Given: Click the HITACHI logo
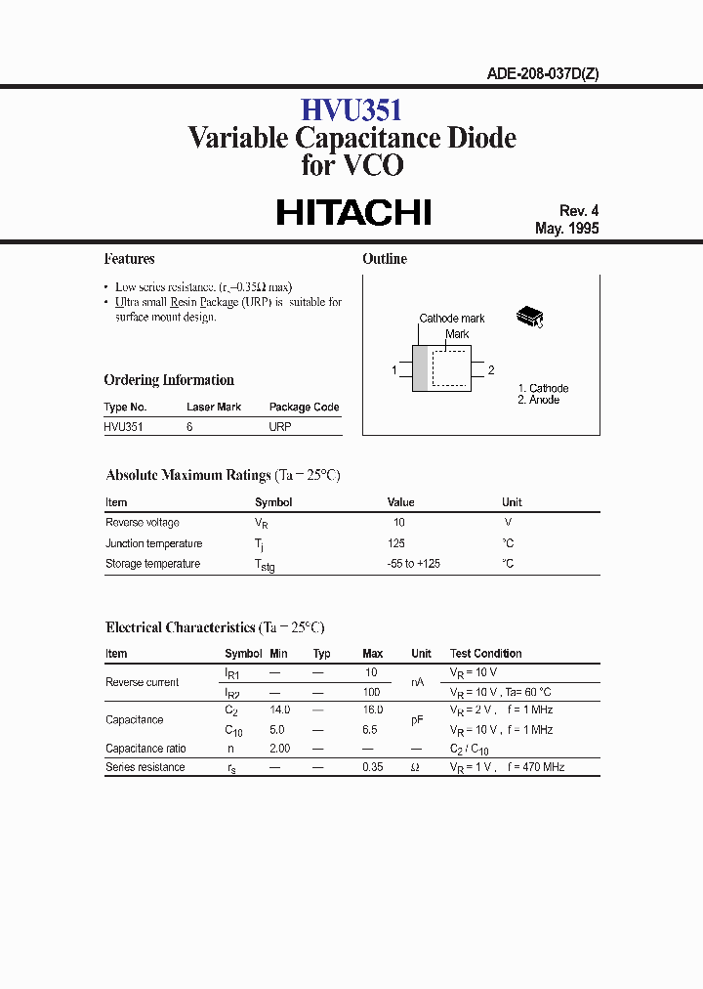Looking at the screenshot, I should click(353, 213).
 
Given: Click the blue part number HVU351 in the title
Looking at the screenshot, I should click(351, 110).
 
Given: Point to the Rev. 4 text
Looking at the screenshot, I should click(578, 211).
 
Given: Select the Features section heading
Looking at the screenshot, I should click(129, 259).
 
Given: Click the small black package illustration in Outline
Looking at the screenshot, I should click(529, 317).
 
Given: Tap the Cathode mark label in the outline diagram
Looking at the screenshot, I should click(452, 319).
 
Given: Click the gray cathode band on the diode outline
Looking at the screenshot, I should click(421, 369).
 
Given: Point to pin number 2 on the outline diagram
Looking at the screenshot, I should click(491, 370).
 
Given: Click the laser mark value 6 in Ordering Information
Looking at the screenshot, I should click(189, 427).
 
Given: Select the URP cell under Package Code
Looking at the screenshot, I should click(280, 427).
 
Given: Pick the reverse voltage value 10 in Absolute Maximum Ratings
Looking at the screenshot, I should click(398, 523).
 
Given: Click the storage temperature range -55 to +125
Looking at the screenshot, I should click(414, 564).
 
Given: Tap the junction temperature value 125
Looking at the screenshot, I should click(396, 543).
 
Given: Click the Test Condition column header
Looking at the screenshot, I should click(485, 654).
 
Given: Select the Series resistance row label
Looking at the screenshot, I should click(145, 767).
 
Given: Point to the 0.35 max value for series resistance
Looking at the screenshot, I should click(372, 767).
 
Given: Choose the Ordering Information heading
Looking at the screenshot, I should click(169, 380).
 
